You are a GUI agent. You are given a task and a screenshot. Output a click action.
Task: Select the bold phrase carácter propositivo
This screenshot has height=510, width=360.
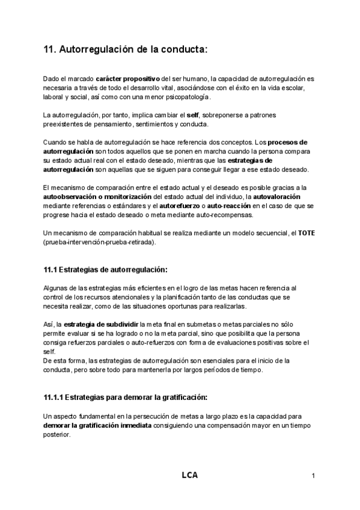127,79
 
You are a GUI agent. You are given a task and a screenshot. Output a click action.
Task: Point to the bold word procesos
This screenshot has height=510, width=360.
287,143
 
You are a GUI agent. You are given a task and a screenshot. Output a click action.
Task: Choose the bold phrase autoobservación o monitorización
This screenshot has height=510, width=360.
98,197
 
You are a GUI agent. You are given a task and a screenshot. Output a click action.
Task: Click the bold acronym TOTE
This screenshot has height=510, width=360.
307,233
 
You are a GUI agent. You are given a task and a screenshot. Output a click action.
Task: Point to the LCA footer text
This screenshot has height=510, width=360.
189,475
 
